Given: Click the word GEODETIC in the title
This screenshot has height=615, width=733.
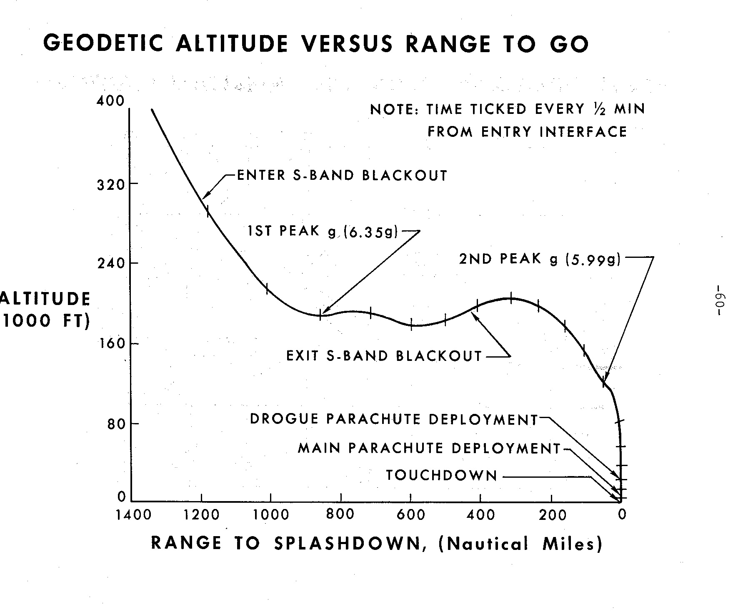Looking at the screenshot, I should tap(103, 43).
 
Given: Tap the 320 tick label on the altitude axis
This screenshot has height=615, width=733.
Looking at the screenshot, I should tap(111, 184).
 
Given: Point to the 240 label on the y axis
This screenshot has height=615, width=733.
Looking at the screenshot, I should tap(111, 263).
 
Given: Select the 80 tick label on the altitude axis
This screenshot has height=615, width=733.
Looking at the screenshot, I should tap(117, 424).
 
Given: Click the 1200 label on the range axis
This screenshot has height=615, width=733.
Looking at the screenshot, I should tap(202, 515).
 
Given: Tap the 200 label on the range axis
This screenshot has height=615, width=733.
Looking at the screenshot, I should tap(551, 515).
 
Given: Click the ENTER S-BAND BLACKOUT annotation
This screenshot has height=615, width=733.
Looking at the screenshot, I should tap(342, 175).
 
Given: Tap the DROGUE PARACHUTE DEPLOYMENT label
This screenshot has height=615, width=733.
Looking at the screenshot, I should tap(394, 419).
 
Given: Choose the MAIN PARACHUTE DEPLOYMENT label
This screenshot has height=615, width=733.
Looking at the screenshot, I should tap(430, 449).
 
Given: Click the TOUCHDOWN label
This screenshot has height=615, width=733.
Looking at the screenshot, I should tap(442, 475).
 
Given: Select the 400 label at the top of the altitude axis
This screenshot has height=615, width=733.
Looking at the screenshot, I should tap(110, 101).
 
